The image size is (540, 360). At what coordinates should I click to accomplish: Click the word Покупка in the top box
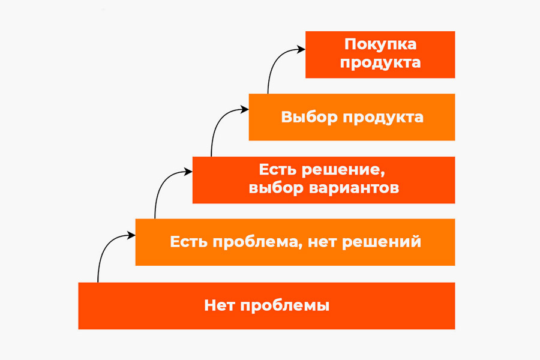click(380, 44)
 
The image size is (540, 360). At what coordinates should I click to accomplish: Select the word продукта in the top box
click(380, 63)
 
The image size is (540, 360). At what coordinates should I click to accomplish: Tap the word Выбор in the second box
click(309, 117)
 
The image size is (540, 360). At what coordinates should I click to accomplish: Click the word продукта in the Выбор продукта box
click(383, 118)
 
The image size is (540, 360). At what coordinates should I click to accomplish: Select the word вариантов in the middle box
click(354, 188)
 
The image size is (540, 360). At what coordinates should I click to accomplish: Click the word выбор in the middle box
click(276, 188)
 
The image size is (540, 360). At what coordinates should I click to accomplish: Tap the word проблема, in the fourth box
click(255, 242)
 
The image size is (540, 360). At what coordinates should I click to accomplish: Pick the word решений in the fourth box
click(382, 242)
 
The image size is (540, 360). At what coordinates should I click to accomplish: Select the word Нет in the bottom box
click(220, 305)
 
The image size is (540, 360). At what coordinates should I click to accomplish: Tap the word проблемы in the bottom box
click(285, 306)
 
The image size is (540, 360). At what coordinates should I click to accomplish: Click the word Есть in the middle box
click(278, 169)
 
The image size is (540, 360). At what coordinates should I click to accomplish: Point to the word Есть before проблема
click(189, 241)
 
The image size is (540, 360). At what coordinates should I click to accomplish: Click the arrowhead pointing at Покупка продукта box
click(301, 49)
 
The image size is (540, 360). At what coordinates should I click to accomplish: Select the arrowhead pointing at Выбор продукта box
click(245, 110)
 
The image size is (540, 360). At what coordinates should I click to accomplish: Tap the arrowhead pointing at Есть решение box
click(188, 171)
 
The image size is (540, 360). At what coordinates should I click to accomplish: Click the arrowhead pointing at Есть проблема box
click(131, 235)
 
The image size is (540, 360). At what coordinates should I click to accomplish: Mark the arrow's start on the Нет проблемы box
click(98, 282)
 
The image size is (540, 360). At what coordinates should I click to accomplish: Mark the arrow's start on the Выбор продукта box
click(268, 94)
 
